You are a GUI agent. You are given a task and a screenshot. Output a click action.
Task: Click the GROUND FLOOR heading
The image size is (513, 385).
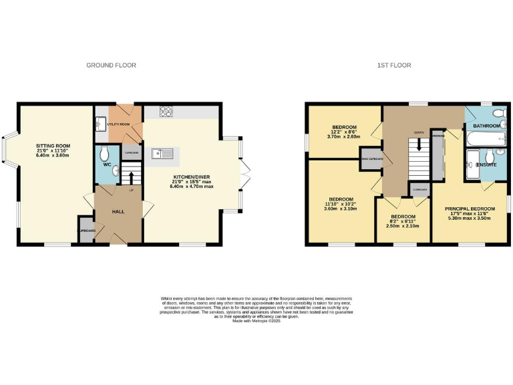111,66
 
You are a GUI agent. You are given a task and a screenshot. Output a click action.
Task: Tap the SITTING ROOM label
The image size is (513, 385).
53,146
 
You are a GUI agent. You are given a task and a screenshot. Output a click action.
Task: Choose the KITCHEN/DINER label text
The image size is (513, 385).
190,176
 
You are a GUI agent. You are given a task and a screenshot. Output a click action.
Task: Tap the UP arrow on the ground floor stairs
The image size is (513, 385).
131,178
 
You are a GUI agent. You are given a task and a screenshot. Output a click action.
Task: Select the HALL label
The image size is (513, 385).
118,212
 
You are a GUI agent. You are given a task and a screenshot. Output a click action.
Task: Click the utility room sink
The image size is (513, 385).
100,124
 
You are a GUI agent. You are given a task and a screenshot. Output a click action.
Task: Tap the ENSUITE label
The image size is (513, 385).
486,164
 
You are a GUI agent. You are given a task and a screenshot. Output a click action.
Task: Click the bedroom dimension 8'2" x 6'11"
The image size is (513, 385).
403,221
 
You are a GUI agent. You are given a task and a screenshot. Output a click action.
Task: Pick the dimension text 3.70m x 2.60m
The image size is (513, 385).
345,137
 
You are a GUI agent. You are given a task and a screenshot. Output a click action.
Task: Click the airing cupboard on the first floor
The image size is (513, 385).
371,158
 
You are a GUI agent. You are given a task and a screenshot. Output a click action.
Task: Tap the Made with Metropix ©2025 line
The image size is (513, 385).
256,321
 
